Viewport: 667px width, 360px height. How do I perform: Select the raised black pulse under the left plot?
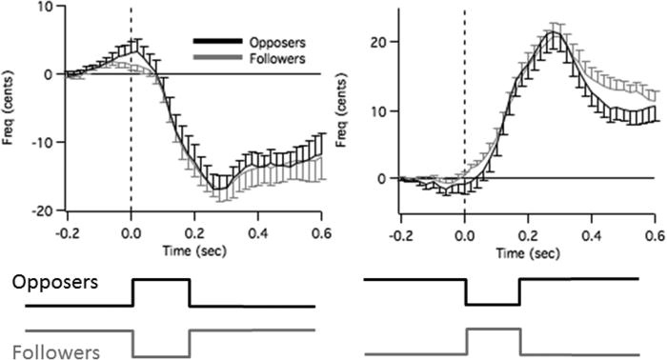(x=161, y=280)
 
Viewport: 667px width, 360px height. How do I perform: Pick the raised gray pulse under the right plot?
(x=493, y=329)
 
